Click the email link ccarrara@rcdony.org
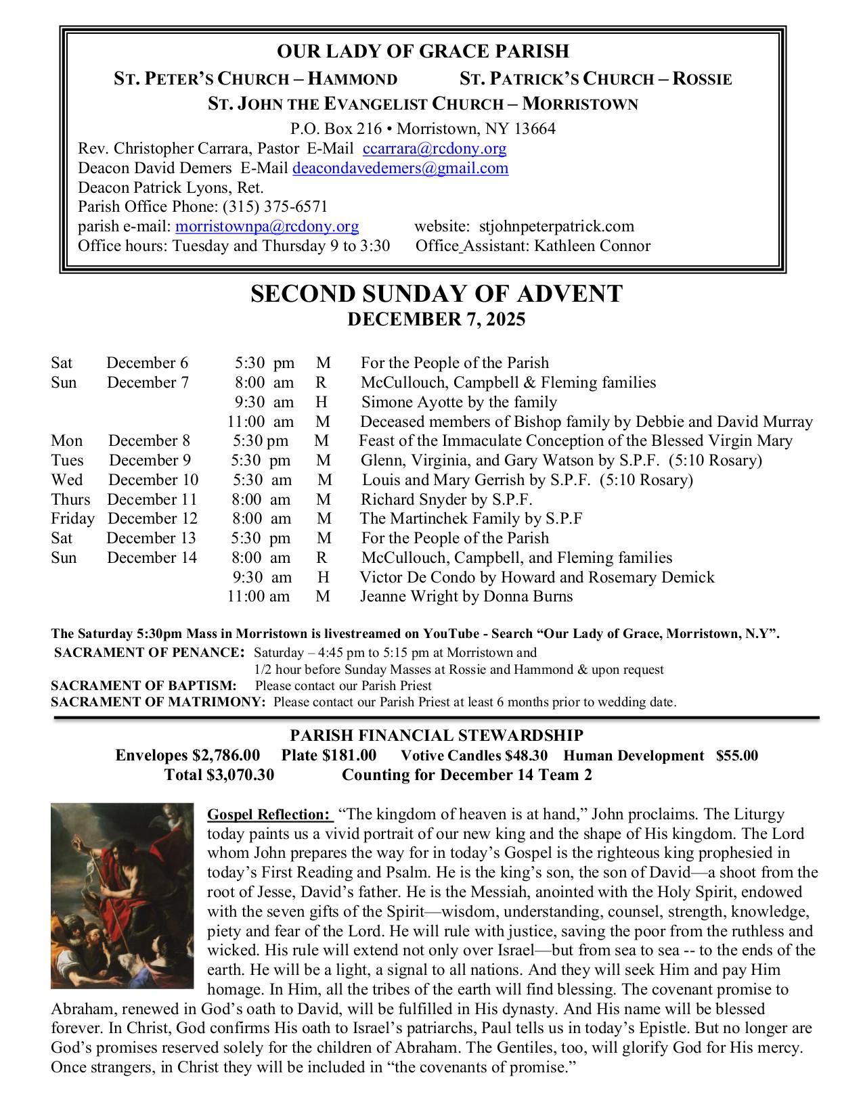435,149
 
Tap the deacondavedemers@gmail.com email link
400,168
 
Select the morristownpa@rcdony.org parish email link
267,227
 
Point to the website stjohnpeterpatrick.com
556,227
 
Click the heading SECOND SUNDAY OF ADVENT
436,294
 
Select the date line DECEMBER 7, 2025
436,319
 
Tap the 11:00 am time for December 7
260,422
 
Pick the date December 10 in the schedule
153,480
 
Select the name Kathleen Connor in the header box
592,246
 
